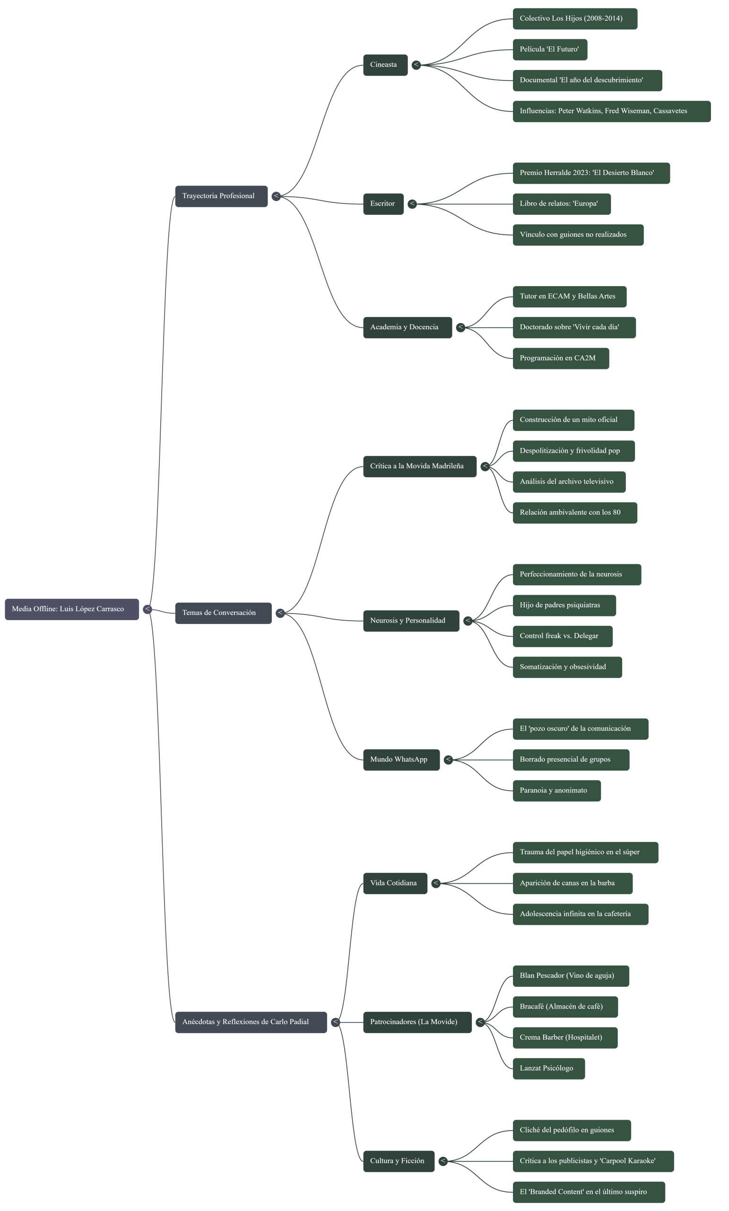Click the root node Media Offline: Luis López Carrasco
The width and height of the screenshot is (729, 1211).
click(x=72, y=609)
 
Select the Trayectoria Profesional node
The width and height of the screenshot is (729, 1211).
click(x=221, y=196)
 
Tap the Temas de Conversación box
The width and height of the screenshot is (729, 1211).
click(x=223, y=613)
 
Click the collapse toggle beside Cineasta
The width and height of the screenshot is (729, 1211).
click(x=416, y=65)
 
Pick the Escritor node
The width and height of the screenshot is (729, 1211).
click(x=383, y=204)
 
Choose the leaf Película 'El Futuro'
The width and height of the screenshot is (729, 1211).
click(x=550, y=50)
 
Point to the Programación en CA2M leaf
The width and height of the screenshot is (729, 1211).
click(x=561, y=358)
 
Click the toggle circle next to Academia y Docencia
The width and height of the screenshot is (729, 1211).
click(x=460, y=327)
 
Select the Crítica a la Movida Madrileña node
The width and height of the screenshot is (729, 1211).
click(x=419, y=466)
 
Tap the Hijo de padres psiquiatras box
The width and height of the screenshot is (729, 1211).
click(x=564, y=605)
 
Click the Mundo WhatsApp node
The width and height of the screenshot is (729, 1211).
click(x=401, y=760)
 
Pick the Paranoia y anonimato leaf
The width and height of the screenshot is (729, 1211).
click(x=556, y=791)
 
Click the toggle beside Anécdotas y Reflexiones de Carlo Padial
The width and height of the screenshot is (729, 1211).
click(x=335, y=1022)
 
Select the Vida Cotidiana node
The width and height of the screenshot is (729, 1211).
click(x=395, y=883)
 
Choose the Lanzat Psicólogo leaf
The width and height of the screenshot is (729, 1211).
click(x=549, y=1069)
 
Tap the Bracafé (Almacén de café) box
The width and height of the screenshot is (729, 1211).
click(x=565, y=1007)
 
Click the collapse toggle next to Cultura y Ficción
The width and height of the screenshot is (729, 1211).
click(x=443, y=1161)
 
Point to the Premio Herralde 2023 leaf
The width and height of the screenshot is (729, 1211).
click(x=591, y=173)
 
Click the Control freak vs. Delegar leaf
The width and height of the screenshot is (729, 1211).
click(x=563, y=636)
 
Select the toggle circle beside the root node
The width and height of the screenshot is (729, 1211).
click(x=148, y=609)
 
